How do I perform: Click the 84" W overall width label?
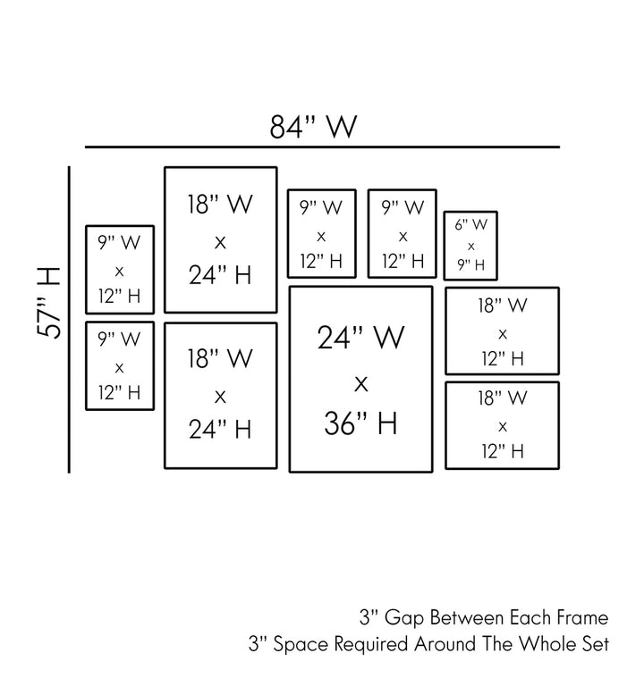[314, 127]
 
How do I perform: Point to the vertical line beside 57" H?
[70, 319]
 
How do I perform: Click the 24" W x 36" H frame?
[360, 379]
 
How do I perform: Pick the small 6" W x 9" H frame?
[470, 245]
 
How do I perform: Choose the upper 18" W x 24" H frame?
[220, 239]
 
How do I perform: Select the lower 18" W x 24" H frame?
[220, 395]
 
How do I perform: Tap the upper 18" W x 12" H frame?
[502, 331]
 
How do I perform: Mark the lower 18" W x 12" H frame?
[502, 424]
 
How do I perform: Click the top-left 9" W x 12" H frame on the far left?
[119, 270]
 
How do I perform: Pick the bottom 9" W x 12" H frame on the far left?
[119, 365]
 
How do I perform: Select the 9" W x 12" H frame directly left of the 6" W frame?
[402, 233]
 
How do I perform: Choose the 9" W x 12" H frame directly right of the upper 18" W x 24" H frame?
[321, 233]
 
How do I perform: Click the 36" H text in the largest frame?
[360, 423]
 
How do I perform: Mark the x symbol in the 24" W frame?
[360, 382]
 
